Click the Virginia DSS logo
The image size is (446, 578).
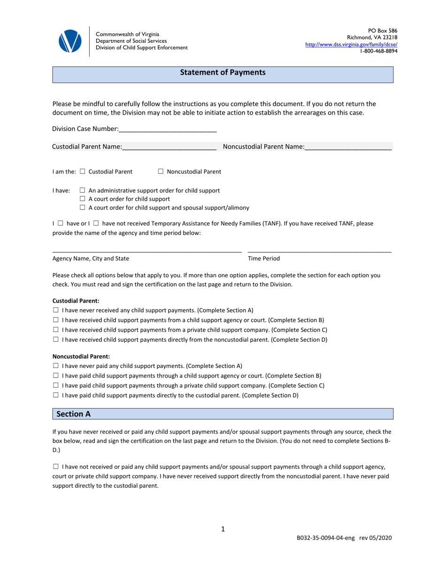click(x=70, y=41)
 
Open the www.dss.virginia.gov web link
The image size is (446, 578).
click(x=351, y=44)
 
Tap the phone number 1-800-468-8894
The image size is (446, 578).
click(x=378, y=51)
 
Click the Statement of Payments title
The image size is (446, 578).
click(x=223, y=73)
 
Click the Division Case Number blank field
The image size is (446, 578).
click(x=168, y=129)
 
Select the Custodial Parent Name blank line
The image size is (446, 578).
click(x=169, y=147)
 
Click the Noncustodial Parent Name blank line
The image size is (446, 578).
click(x=348, y=147)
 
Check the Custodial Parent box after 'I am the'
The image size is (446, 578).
click(x=83, y=172)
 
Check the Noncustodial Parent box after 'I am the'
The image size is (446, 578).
click(x=161, y=172)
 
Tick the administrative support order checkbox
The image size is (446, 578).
click(x=83, y=191)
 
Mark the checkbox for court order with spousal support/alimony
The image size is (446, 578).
click(x=83, y=208)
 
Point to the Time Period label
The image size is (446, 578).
click(x=263, y=258)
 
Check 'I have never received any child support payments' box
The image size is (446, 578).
click(x=56, y=310)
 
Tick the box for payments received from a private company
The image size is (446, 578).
click(x=56, y=330)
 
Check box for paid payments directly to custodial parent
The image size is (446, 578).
click(x=56, y=396)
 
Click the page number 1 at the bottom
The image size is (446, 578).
click(x=223, y=529)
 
